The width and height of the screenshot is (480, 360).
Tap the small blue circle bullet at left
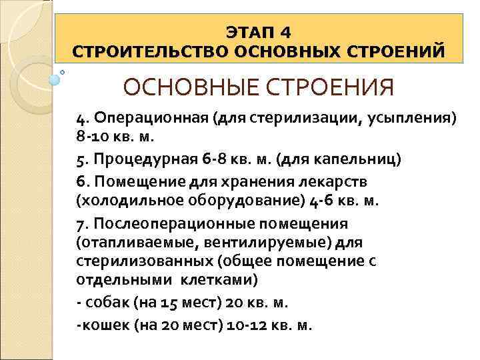tap(55, 79)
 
